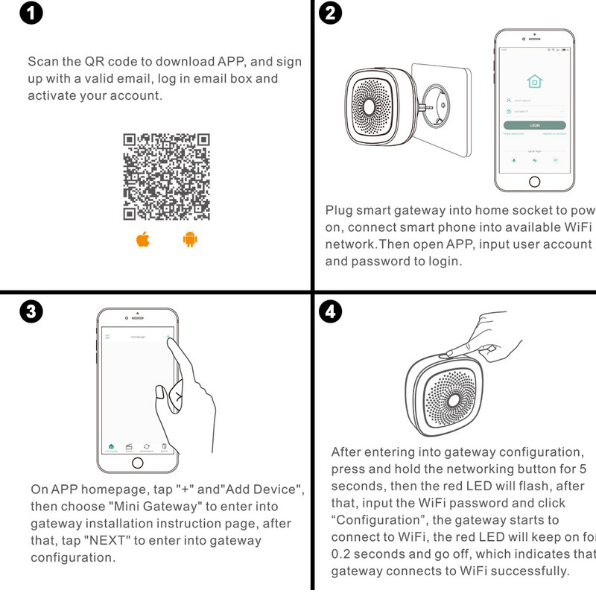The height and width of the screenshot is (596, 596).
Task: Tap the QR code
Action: pos(166,176)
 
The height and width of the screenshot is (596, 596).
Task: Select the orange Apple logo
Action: pos(143,240)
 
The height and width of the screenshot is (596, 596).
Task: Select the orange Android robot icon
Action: pos(189,240)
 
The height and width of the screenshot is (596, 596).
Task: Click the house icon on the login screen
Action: pos(534,82)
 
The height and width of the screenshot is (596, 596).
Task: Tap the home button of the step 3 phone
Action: pos(137,463)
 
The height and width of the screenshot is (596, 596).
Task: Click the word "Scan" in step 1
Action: pos(42,61)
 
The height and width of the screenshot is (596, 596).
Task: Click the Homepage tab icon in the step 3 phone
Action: pos(111,446)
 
